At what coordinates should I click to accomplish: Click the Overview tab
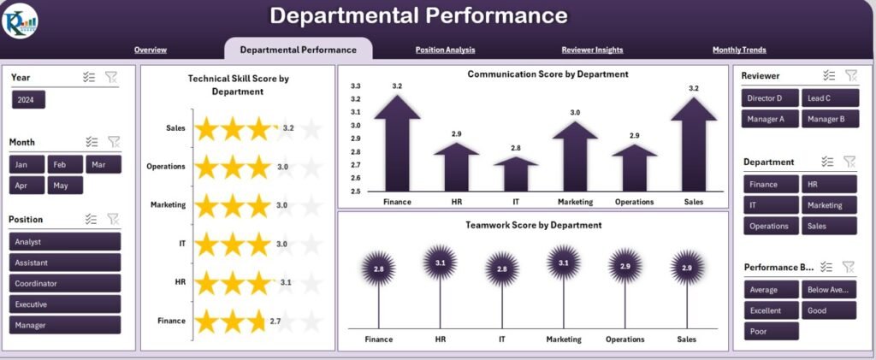[151, 50]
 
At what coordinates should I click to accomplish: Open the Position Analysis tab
[445, 50]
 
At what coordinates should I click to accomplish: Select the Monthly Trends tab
[739, 50]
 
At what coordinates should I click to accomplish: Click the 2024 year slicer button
[28, 100]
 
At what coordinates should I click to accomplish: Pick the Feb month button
[65, 164]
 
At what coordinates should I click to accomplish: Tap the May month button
[65, 185]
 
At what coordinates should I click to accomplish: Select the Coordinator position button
[65, 283]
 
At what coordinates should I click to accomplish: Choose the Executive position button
[65, 304]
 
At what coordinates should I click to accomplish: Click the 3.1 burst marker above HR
[440, 263]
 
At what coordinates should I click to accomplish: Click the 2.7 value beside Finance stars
[275, 322]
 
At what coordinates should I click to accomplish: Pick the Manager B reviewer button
[828, 119]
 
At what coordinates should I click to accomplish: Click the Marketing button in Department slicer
[828, 205]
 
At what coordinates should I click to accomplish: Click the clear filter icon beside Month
[114, 142]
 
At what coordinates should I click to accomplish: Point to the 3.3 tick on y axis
[356, 86]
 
